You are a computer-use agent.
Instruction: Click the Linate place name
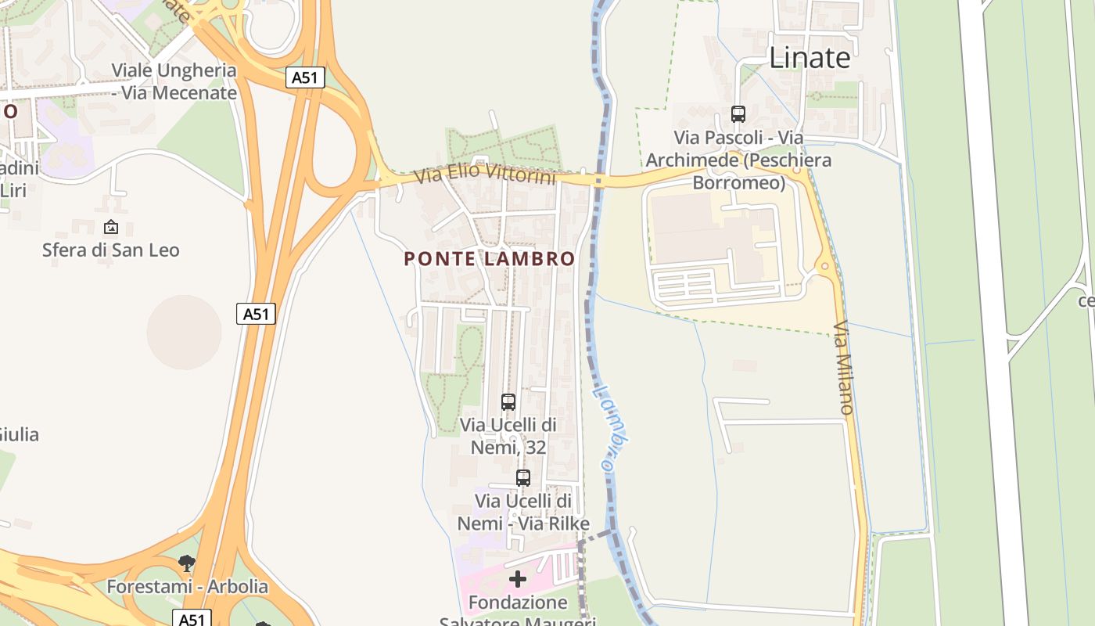coord(810,58)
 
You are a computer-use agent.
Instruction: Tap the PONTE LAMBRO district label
coord(490,259)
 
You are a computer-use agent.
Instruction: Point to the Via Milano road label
coord(843,367)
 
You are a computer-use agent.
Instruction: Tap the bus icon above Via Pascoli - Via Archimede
coord(738,114)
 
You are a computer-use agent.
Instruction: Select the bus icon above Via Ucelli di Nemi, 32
coord(508,402)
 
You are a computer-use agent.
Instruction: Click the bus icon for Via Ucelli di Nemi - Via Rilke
coord(523,477)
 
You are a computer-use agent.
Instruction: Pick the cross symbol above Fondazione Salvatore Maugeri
coord(518,579)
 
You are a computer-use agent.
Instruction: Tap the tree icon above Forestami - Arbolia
coord(186,563)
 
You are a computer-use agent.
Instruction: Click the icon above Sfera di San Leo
coord(111,228)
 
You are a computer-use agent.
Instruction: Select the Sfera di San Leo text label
coord(111,250)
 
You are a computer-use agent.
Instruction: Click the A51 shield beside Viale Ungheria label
coord(305,77)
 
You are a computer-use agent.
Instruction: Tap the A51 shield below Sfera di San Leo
coord(256,314)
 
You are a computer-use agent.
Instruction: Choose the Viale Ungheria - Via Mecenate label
coord(174,81)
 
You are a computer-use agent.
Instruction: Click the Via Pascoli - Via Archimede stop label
coord(738,160)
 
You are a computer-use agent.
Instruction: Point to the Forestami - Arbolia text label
coord(187,586)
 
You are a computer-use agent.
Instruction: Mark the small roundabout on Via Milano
coord(824,266)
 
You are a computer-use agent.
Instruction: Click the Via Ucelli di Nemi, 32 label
coord(508,436)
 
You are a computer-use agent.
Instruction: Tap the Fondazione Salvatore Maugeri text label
coord(518,610)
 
